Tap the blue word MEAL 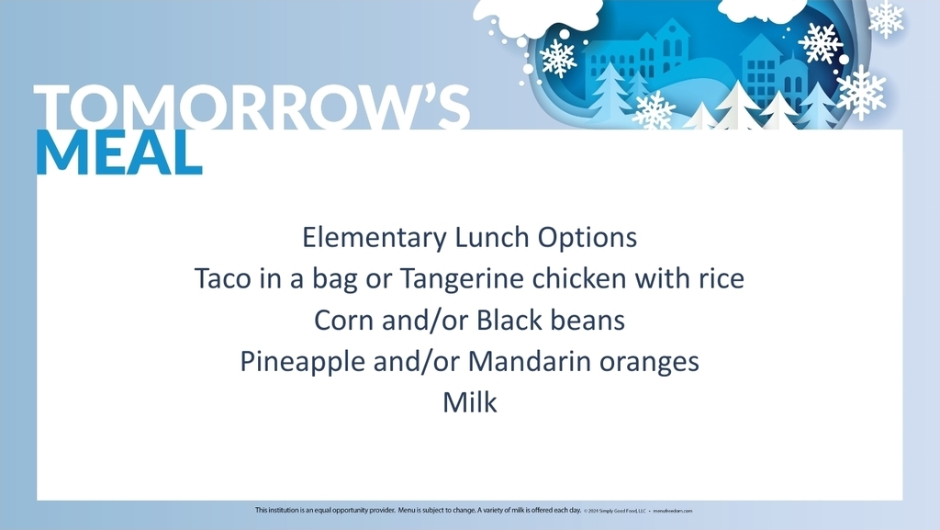(x=119, y=153)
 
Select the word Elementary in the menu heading (x=375, y=239)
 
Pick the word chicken (x=584, y=278)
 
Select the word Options (x=587, y=239)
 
